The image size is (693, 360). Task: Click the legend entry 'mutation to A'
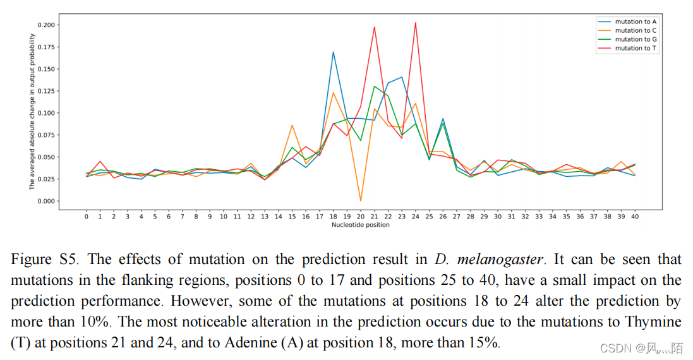click(636, 21)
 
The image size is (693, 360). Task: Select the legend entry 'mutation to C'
click(636, 30)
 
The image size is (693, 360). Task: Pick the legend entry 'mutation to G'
click(636, 39)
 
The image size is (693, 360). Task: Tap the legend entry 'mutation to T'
click(636, 48)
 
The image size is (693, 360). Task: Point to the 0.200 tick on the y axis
click(47, 25)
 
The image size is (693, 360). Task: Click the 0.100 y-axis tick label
click(47, 113)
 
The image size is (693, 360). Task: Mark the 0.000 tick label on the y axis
click(47, 201)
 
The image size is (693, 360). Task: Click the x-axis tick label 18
click(333, 217)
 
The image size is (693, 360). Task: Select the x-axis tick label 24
click(415, 217)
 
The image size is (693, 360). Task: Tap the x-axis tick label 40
click(634, 217)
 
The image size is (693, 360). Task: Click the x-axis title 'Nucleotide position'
click(360, 225)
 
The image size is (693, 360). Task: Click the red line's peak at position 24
click(415, 23)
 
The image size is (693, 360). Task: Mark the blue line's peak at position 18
click(333, 52)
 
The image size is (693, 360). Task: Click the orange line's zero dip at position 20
click(361, 201)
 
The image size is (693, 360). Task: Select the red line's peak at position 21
click(375, 27)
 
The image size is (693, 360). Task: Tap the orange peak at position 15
click(292, 125)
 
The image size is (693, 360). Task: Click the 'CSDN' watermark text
click(612, 349)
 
